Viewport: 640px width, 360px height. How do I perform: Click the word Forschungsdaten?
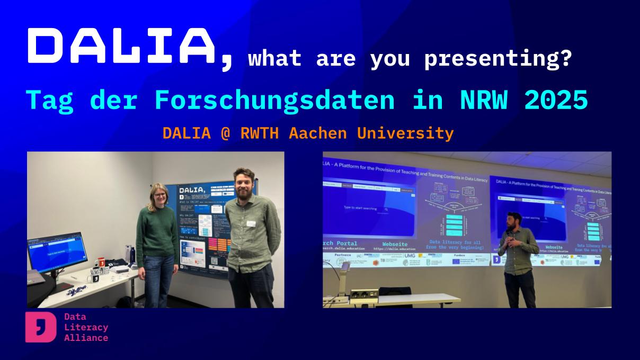pyautogui.click(x=274, y=100)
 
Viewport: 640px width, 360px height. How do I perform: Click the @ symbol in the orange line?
pyautogui.click(x=225, y=133)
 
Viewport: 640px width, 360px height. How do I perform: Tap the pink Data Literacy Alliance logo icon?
pyautogui.click(x=40, y=327)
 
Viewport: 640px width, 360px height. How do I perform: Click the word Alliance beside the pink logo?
pyautogui.click(x=86, y=338)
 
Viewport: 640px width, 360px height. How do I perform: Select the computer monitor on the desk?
pyautogui.click(x=55, y=252)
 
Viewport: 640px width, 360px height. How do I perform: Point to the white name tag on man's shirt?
pyautogui.click(x=251, y=223)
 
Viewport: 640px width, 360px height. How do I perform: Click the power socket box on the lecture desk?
pyautogui.click(x=364, y=293)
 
